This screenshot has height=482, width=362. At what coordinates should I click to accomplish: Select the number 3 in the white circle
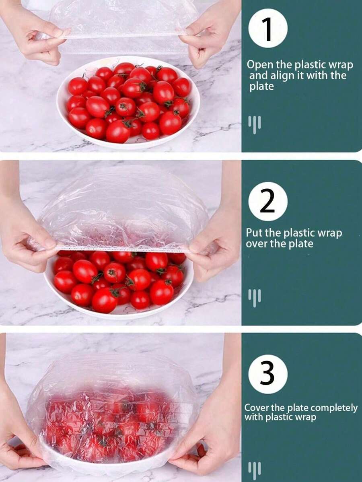point(267,374)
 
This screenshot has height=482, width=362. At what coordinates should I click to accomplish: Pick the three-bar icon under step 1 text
point(255,124)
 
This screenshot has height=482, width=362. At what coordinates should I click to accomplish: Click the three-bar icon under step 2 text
point(255,298)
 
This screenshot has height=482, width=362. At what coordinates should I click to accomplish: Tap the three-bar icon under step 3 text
point(255,470)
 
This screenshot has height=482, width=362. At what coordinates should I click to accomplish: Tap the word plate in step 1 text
point(261,87)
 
